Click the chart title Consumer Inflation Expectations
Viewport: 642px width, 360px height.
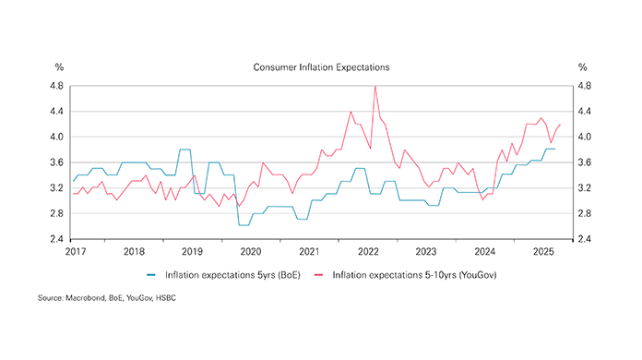321,67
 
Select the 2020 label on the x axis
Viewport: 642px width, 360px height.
250,251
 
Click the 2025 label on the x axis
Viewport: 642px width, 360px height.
543,251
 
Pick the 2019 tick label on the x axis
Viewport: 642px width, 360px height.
192,251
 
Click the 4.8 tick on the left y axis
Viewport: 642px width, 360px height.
55,86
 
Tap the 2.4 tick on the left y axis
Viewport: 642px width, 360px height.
55,239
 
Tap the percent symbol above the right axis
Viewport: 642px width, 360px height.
582,67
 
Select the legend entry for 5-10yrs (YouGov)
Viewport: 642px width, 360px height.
411,275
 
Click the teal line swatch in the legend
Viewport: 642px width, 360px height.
155,275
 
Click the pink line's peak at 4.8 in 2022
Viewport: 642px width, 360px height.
375,87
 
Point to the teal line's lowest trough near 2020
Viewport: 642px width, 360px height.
244,224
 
